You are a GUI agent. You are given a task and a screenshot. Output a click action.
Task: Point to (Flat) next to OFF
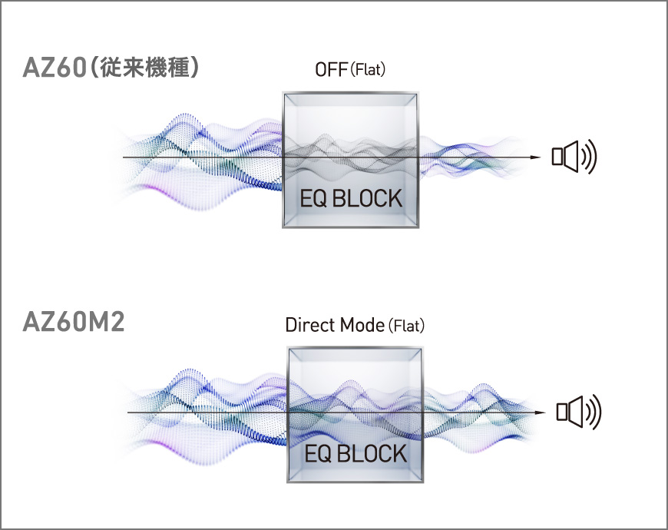(x=368, y=71)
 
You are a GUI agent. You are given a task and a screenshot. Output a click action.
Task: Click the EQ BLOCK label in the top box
(x=350, y=198)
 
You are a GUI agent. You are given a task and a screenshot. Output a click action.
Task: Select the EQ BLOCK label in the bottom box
(x=355, y=453)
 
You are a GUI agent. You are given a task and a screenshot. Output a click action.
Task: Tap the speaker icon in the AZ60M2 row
(x=577, y=412)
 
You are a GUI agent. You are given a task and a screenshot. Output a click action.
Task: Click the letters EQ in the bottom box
(x=317, y=453)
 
